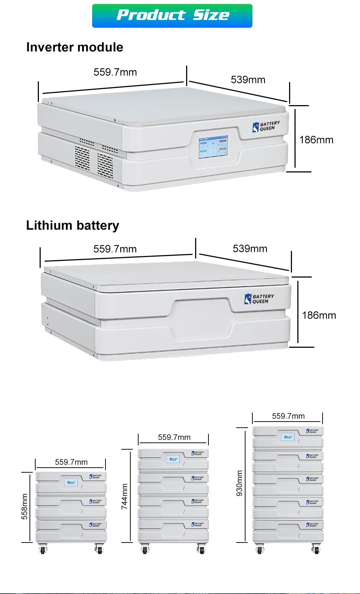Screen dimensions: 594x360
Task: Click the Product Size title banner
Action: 172,16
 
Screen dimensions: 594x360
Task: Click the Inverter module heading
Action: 75,47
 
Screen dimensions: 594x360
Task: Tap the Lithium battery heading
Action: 72,225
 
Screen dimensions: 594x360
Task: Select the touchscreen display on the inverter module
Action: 213,147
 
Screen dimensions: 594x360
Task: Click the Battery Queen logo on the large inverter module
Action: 266,126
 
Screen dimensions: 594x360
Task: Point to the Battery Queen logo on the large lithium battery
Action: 259,299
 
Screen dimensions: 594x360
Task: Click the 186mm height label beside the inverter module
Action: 316,140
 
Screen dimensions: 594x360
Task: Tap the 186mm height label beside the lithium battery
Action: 319,315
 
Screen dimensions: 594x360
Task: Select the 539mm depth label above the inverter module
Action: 248,80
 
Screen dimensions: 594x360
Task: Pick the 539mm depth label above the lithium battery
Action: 250,249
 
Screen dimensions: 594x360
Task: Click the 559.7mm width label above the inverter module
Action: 115,72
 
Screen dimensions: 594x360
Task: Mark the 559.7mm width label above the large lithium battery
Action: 115,249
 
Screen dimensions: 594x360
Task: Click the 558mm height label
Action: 24,507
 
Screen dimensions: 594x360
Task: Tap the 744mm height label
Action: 125,496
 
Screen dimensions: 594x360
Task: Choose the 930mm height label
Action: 239,483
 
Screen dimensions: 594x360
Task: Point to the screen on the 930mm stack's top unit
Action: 288,437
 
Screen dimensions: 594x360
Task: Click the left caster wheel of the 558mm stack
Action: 43,549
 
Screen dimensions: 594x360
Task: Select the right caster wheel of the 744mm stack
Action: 202,549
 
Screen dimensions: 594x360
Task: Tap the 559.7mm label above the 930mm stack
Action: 288,416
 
